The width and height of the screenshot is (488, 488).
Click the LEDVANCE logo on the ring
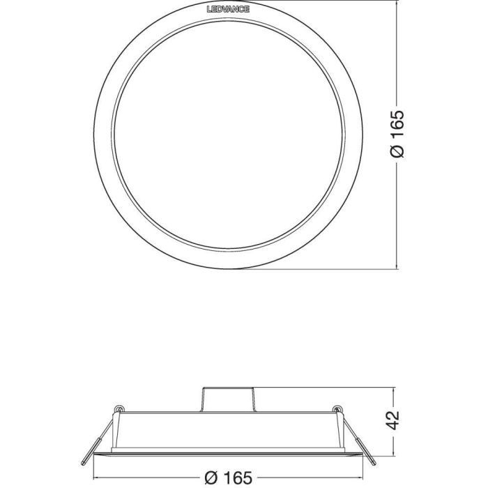[x=228, y=9]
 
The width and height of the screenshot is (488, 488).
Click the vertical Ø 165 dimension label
[x=397, y=134]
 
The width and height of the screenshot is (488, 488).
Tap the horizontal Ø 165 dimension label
[x=229, y=478]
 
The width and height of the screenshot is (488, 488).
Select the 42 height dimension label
[x=394, y=420]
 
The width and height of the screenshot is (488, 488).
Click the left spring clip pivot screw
[x=119, y=409]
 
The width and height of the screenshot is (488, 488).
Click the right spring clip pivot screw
[x=337, y=409]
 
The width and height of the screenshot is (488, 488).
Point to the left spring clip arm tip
[x=82, y=464]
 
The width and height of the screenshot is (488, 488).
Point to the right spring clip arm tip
[x=374, y=464]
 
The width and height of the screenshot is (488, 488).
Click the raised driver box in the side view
[x=229, y=399]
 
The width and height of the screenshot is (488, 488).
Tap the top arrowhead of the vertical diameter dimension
[x=397, y=3]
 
